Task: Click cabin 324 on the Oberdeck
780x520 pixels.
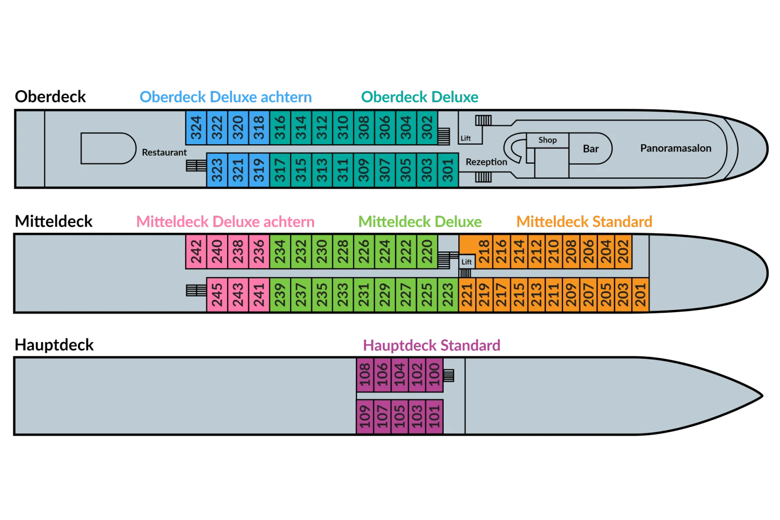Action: point(196,128)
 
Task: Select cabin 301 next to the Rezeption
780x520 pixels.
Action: point(448,170)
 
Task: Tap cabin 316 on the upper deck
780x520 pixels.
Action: point(280,128)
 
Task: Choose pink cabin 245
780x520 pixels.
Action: point(217,294)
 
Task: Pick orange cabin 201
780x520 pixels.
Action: point(641,294)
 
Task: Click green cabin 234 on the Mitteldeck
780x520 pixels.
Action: point(280,251)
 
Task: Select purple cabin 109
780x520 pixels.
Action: point(365,417)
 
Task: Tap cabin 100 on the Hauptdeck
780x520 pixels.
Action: point(434,374)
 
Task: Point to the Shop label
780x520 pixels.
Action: point(547,140)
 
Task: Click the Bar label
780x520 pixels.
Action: point(590,149)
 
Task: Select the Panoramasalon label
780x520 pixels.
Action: point(676,148)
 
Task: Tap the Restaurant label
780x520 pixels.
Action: point(164,153)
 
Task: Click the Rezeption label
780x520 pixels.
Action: point(486,162)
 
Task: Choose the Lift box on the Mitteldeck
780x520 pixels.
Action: point(467,262)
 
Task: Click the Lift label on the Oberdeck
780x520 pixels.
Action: point(466,138)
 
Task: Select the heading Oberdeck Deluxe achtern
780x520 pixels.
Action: point(226,97)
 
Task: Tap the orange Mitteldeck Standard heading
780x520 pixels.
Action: point(585,222)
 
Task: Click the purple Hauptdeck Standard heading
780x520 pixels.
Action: point(431,346)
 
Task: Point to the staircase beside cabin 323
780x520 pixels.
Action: point(196,165)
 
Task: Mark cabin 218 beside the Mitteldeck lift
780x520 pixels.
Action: point(484,251)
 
